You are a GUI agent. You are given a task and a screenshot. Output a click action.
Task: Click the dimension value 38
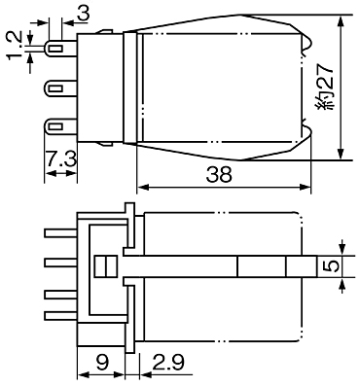pyautogui.click(x=219, y=174)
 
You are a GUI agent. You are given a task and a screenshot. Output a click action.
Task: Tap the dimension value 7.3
pyautogui.click(x=60, y=159)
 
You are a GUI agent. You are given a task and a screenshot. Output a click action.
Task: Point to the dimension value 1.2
pyautogui.click(x=15, y=46)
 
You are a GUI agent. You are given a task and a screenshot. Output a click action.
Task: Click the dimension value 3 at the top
pyautogui.click(x=84, y=14)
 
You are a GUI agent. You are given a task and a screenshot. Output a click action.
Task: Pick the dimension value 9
pyautogui.click(x=103, y=362)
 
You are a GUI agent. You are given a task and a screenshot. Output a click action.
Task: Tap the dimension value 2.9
pyautogui.click(x=168, y=362)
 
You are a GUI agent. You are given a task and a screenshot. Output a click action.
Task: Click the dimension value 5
pyautogui.click(x=332, y=266)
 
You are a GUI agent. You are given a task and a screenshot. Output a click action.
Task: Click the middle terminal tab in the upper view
pyautogui.click(x=61, y=88)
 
